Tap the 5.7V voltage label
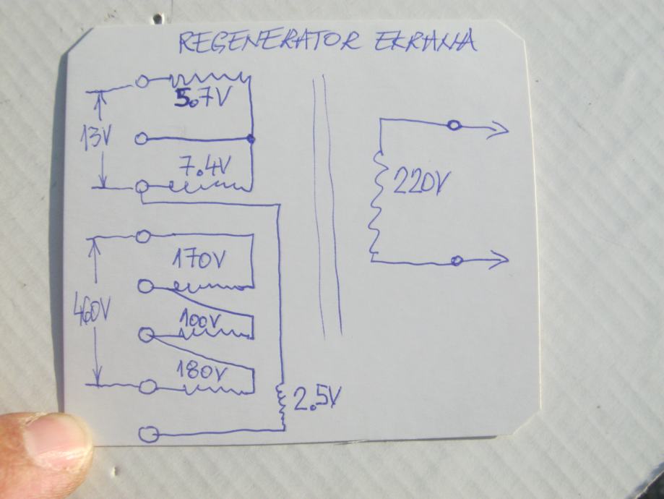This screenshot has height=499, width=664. click(x=203, y=98)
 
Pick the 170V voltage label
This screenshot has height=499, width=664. click(x=199, y=260)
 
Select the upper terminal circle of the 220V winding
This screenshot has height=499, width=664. click(x=454, y=127)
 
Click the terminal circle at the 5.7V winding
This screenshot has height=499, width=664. click(x=143, y=82)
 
